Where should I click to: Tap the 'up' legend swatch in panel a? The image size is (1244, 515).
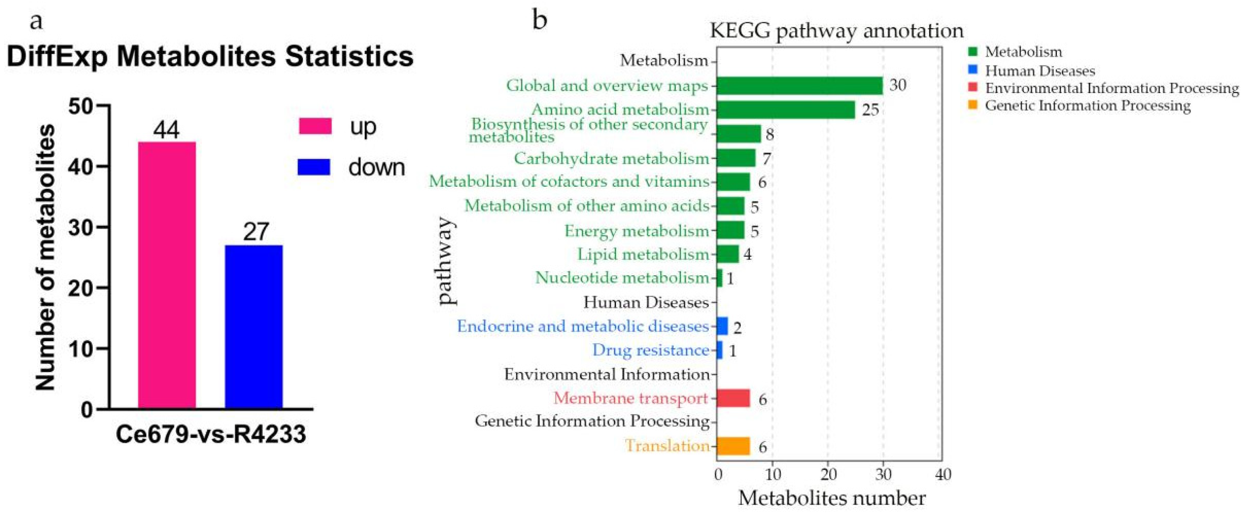(x=315, y=126)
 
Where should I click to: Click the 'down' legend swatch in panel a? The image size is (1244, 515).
(x=314, y=167)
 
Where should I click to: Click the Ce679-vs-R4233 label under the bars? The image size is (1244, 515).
(x=211, y=434)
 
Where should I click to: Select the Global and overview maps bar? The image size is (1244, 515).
(x=800, y=86)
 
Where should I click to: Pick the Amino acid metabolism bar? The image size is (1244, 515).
(x=786, y=110)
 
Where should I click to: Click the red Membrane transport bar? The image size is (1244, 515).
(x=733, y=399)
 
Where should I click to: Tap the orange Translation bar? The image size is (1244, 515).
(x=733, y=446)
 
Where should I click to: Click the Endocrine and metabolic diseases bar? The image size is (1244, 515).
(x=722, y=326)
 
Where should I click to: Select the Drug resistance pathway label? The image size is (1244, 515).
(x=650, y=350)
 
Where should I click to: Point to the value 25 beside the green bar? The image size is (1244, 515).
(x=870, y=110)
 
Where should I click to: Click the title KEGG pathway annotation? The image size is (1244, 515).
(x=836, y=31)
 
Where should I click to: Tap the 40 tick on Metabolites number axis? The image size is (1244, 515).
(x=943, y=474)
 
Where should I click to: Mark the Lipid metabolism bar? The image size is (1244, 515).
(x=727, y=254)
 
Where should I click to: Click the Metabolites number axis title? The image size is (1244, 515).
(x=832, y=498)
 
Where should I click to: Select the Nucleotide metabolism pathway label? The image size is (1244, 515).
(x=622, y=278)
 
